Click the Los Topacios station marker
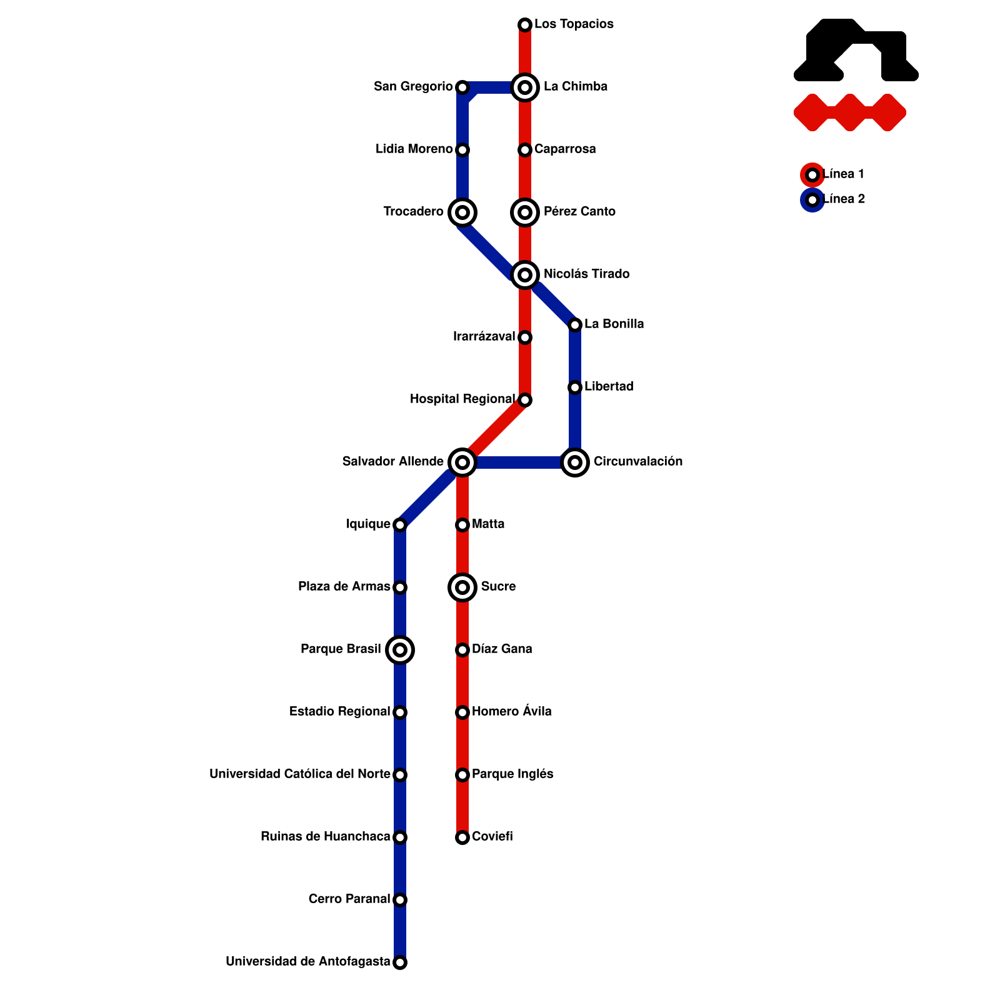(525, 25)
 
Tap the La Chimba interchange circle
(525, 87)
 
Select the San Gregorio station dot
(462, 87)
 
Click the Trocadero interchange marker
(462, 212)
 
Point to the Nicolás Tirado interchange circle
(525, 275)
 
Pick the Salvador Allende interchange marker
(462, 462)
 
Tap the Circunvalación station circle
(575, 462)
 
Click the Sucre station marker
(462, 587)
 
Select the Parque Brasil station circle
(400, 650)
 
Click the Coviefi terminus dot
(462, 837)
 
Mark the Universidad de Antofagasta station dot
(400, 962)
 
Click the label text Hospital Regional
(462, 399)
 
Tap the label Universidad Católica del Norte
(300, 774)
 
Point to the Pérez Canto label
(579, 211)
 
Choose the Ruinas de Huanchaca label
(325, 836)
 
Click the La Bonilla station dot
(575, 325)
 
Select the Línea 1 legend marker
(812, 175)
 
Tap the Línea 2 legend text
(844, 199)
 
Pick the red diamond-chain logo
(850, 112)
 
